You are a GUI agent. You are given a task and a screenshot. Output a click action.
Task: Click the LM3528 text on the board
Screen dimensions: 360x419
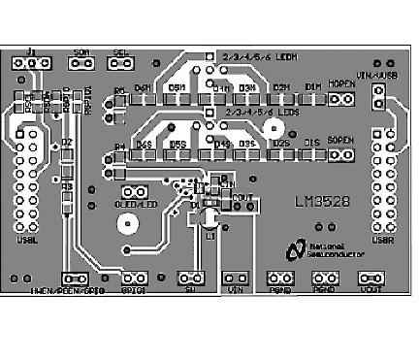[x=323, y=204]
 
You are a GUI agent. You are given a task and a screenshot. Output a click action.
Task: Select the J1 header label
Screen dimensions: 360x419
[x=31, y=50]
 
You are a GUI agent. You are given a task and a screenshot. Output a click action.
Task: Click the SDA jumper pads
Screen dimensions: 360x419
[x=81, y=64]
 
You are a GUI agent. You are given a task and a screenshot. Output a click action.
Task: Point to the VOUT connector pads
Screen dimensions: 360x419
[x=370, y=278]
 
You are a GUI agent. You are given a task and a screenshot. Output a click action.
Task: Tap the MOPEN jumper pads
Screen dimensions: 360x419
[x=341, y=98]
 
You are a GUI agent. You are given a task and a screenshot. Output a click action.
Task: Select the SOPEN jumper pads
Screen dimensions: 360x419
[x=341, y=153]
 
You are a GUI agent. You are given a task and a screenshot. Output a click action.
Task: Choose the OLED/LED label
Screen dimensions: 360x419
[x=136, y=205]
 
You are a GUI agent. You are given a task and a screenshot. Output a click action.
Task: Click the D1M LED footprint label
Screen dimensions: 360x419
[x=311, y=87]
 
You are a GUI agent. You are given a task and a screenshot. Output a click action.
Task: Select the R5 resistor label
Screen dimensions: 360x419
[x=120, y=91]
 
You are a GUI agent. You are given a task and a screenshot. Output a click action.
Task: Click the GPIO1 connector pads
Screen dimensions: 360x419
[x=133, y=278]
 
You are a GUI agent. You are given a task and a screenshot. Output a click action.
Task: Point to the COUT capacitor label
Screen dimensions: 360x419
[x=242, y=196]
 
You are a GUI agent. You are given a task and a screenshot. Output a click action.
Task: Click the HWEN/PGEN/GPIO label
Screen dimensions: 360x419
[x=67, y=289]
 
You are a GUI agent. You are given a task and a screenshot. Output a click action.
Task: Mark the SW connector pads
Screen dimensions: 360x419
[x=191, y=278]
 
